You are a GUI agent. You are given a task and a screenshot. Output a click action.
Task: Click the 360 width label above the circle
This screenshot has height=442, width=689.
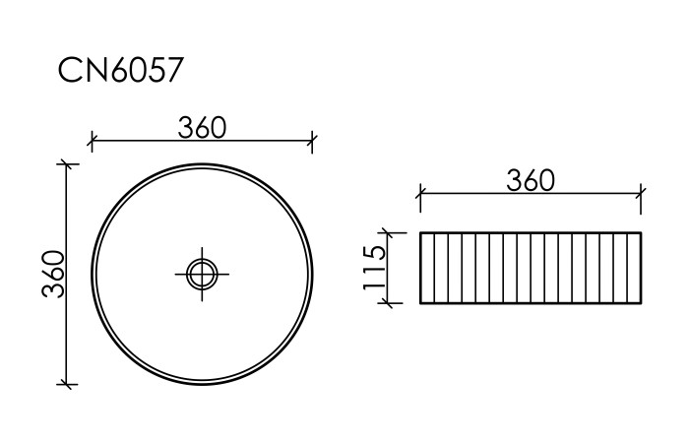point(203,128)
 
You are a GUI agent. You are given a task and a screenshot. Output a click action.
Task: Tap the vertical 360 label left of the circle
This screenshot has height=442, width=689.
point(54,274)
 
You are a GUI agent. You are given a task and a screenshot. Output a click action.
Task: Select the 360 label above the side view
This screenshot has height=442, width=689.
point(531,181)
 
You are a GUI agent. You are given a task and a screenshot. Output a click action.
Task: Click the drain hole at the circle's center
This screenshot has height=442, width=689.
point(202,273)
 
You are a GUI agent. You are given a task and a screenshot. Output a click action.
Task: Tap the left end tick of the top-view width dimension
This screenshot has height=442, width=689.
point(91,141)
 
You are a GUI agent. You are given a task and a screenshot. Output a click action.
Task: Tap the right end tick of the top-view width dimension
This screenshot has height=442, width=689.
point(312,141)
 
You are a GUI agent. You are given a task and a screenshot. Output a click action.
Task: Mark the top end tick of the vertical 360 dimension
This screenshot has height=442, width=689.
point(67,163)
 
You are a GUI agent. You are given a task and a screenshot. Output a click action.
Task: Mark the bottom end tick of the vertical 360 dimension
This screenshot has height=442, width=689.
point(67,384)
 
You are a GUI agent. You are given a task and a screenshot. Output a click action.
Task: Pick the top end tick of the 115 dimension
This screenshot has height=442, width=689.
point(391,233)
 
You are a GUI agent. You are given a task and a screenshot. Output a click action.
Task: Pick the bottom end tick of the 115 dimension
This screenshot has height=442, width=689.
point(391,303)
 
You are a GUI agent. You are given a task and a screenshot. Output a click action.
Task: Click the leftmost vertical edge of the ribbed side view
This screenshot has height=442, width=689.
point(420,268)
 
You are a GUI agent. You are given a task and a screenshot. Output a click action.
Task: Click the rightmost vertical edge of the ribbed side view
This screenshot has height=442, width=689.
point(642,268)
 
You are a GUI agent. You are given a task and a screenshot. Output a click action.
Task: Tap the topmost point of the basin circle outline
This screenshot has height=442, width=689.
point(202,162)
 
